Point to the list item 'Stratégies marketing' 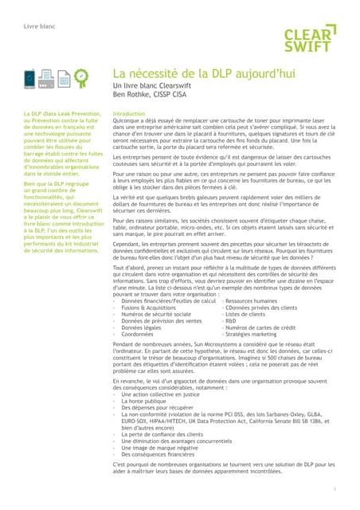[x=255, y=335]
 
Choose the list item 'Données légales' [x=143, y=328]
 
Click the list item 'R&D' [x=235, y=321]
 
